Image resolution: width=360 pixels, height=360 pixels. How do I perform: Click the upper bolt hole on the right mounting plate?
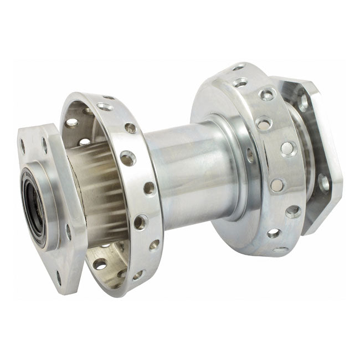pyautogui.click(x=303, y=103)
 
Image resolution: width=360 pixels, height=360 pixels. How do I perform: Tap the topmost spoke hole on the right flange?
pyautogui.click(x=238, y=68)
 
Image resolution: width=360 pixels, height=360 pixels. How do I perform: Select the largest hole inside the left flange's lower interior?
pyautogui.click(x=100, y=264)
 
